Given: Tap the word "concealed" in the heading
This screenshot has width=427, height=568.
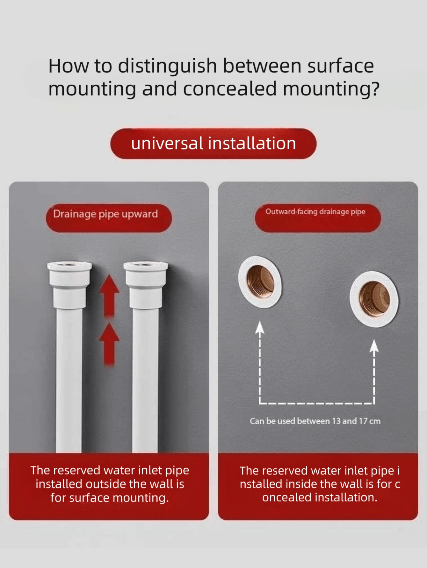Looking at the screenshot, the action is tap(229, 89).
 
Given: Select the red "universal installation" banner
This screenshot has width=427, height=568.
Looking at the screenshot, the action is tap(213, 144).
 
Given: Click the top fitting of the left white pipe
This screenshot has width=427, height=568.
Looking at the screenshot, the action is tap(69, 285).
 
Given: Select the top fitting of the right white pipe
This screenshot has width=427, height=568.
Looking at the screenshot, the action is tap(146, 285).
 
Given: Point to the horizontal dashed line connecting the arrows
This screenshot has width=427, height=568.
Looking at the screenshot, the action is tap(317, 403).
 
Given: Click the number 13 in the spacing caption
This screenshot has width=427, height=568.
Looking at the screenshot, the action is tap(336, 421).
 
